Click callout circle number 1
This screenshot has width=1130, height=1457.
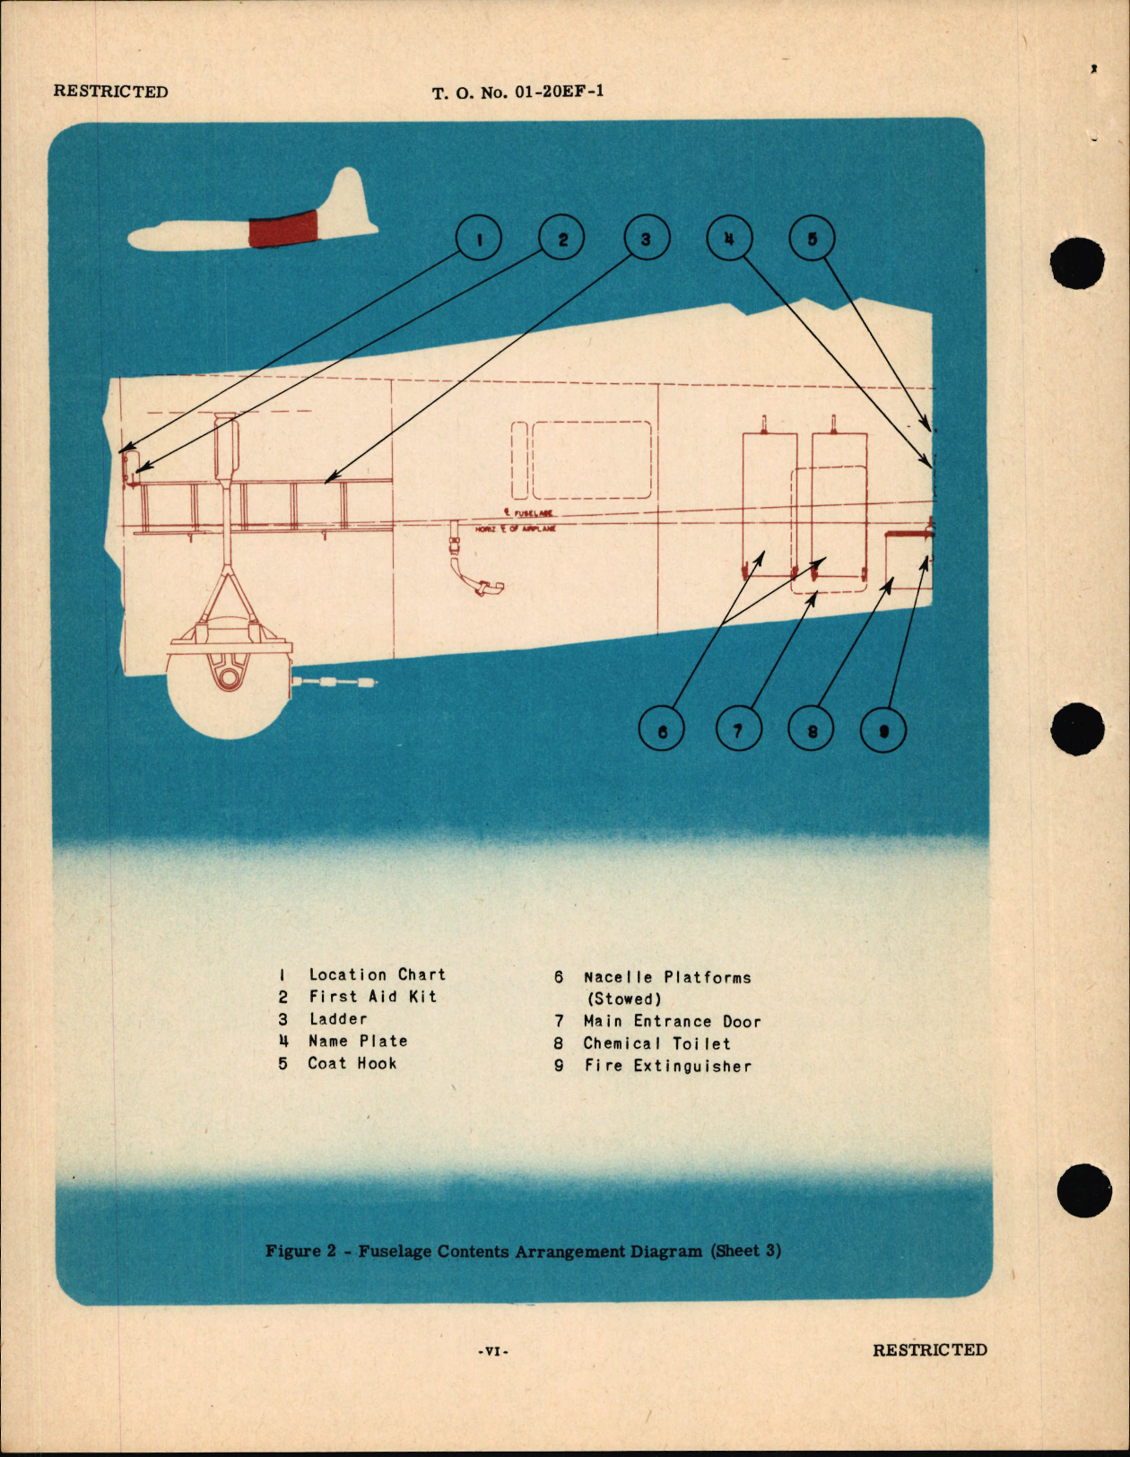478,240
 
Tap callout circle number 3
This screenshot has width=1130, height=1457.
646,240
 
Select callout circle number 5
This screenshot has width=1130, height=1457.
812,240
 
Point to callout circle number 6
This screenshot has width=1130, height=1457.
662,730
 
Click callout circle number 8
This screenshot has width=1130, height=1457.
811,730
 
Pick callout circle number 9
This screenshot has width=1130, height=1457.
883,730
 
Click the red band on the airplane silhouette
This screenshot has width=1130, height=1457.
283,230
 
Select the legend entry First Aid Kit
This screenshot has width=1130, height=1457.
372,997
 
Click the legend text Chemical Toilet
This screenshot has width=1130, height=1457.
656,1043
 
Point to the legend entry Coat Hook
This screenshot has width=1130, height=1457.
352,1063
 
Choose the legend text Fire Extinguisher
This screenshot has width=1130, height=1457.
667,1066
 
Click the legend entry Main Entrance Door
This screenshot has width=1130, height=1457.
672,1021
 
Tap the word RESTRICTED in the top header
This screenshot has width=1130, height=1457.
110,92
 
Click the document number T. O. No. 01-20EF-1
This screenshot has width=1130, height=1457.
517,92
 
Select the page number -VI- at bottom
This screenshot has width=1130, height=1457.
492,1351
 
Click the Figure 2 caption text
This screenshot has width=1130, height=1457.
523,1251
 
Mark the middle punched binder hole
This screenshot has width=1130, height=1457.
1077,728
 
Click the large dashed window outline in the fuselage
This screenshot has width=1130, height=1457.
592,459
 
